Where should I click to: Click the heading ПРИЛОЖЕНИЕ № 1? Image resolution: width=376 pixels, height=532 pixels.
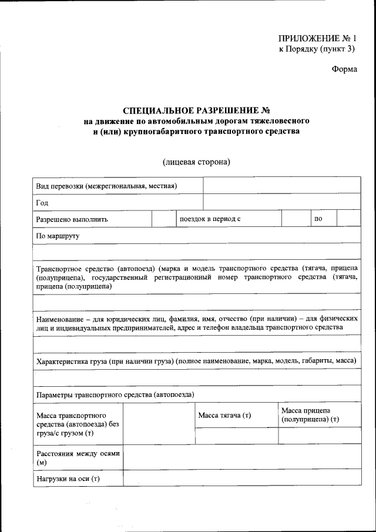click(317, 39)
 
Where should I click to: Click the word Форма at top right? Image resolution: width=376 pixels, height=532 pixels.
click(344, 69)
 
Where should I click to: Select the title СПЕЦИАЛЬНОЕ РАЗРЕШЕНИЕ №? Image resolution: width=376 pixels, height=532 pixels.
click(196, 111)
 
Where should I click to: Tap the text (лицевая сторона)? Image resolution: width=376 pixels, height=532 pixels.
click(196, 162)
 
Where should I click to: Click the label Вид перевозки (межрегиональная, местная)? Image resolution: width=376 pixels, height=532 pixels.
click(106, 186)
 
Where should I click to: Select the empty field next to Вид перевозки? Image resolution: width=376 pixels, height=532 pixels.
click(281, 186)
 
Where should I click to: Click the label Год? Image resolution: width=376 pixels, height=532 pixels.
click(42, 202)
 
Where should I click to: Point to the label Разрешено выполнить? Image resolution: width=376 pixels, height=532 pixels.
click(72, 219)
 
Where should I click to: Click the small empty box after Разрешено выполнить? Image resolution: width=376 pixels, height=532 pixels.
click(160, 219)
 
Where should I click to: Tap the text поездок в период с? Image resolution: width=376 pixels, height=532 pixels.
click(210, 219)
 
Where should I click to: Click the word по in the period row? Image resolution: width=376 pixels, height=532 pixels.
click(318, 219)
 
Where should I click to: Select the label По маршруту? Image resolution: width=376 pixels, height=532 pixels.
click(58, 235)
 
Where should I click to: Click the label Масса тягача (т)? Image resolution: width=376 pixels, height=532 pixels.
click(224, 415)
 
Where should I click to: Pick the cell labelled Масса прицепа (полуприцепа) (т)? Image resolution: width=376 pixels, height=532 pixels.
click(310, 414)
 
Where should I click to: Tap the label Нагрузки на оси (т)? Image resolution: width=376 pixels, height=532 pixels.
click(68, 479)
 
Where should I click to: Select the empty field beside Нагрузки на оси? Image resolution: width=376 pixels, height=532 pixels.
click(241, 479)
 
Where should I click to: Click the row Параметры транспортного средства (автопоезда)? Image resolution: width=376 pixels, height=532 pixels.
click(115, 394)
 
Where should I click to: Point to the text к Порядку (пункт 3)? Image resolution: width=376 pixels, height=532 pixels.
click(317, 49)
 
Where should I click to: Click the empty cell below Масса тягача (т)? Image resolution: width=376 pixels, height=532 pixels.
click(236, 436)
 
